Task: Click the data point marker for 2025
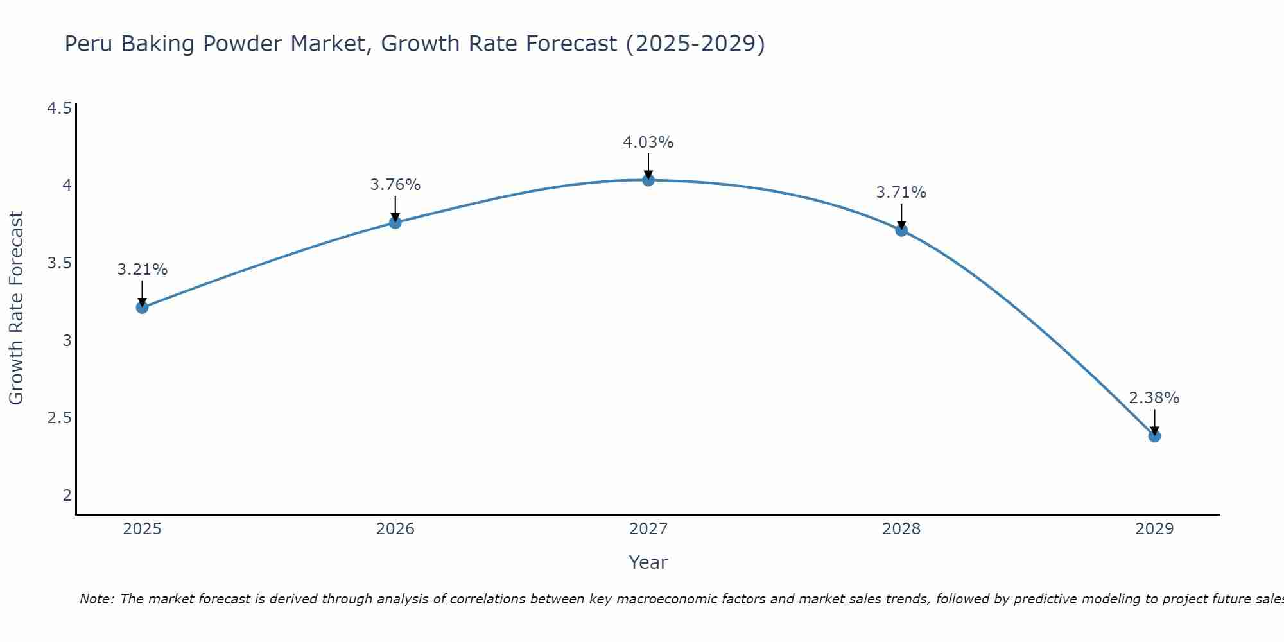(142, 308)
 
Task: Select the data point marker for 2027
(648, 180)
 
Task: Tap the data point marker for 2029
(1154, 437)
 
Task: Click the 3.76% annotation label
(395, 185)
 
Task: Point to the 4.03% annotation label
(648, 143)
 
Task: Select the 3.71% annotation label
(901, 193)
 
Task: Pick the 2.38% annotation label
(1154, 398)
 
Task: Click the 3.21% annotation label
(143, 270)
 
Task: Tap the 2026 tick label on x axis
(395, 529)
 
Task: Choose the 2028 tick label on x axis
(901, 529)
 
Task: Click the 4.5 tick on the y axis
(59, 108)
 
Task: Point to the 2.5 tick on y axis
(59, 418)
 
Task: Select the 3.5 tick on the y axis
(59, 263)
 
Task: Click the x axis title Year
(648, 562)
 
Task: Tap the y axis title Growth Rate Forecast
(16, 308)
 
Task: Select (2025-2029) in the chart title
(695, 44)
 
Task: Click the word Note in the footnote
(96, 599)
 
